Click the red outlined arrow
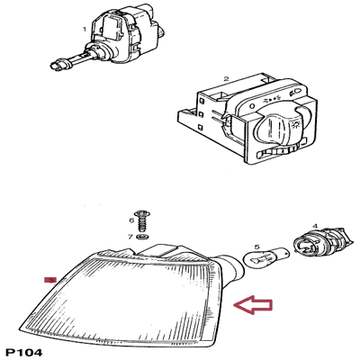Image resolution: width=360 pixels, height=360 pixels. point(253,307)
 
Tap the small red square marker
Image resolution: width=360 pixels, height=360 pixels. point(51,280)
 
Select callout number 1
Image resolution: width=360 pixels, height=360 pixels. point(85,29)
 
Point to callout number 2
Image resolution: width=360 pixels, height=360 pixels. point(226,80)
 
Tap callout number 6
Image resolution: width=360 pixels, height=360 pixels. point(130,220)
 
